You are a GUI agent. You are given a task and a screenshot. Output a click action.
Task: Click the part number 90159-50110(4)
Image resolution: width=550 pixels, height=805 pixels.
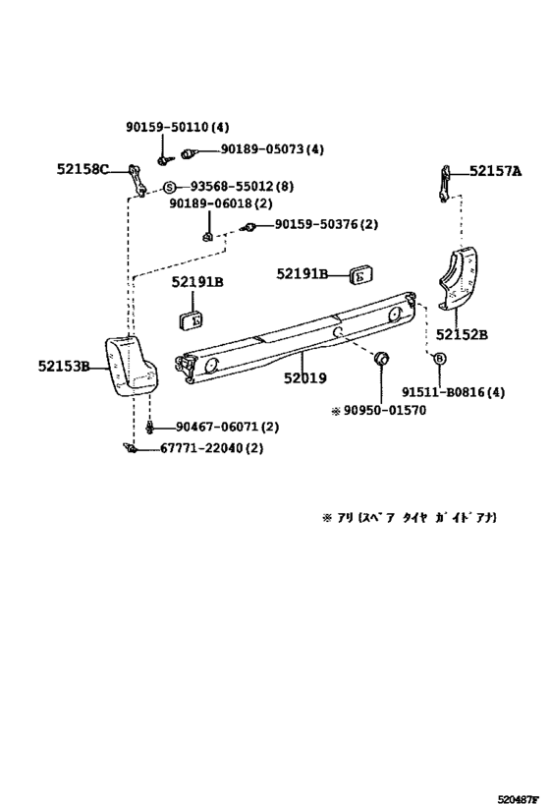tap(177, 127)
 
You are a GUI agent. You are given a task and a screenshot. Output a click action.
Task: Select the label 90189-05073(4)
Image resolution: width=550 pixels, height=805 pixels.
tap(271, 149)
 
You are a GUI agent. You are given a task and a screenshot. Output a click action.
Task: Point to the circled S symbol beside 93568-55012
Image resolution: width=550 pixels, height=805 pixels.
tap(169, 187)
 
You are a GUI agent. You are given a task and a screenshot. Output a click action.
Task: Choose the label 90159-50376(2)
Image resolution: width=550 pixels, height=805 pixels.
tap(326, 225)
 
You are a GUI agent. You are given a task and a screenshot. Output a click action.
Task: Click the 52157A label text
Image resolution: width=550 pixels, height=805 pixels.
tap(495, 170)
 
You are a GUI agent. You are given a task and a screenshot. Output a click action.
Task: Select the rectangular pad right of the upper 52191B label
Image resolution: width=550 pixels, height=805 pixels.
tap(359, 275)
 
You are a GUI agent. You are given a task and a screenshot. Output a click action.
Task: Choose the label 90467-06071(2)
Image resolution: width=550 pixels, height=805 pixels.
tap(228, 427)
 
